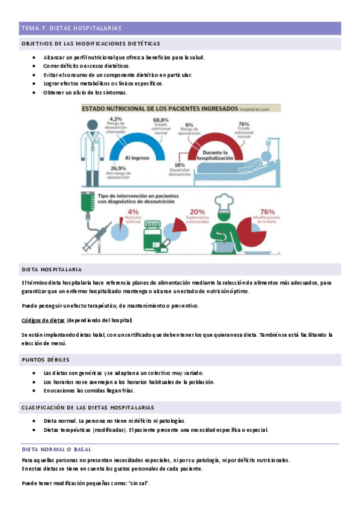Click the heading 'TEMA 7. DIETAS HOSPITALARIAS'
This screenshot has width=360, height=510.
pyautogui.click(x=72, y=28)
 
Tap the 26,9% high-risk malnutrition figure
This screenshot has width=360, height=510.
pyautogui.click(x=118, y=168)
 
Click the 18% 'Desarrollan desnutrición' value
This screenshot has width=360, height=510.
pyautogui.click(x=179, y=165)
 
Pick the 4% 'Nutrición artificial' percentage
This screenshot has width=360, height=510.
pyautogui.click(x=133, y=212)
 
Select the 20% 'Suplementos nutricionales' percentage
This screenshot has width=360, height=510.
pyautogui.click(x=197, y=212)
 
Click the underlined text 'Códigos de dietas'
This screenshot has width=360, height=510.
pyautogui.click(x=43, y=320)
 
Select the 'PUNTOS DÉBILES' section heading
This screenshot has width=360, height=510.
pyautogui.click(x=45, y=360)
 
